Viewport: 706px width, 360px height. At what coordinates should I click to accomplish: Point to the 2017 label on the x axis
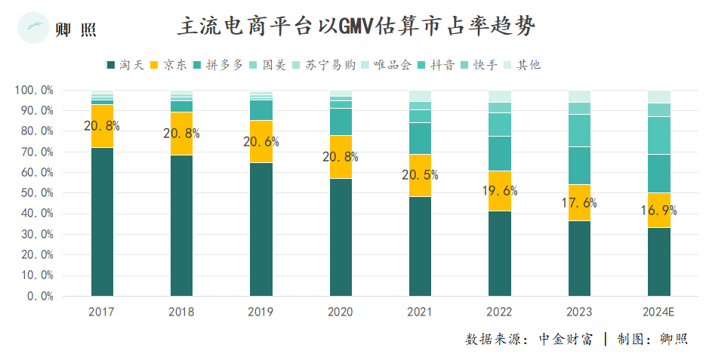(101, 312)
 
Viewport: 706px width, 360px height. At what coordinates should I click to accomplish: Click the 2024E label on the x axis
(658, 312)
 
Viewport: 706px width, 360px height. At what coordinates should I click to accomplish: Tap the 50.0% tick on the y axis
(34, 193)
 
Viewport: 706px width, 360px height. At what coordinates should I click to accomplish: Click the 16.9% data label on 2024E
(658, 211)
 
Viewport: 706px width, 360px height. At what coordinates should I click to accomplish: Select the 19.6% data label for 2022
(499, 190)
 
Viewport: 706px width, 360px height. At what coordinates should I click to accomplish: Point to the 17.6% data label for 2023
(579, 202)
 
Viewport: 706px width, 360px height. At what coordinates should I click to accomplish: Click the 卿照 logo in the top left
(57, 29)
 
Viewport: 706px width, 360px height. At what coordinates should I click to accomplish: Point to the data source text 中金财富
(566, 339)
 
